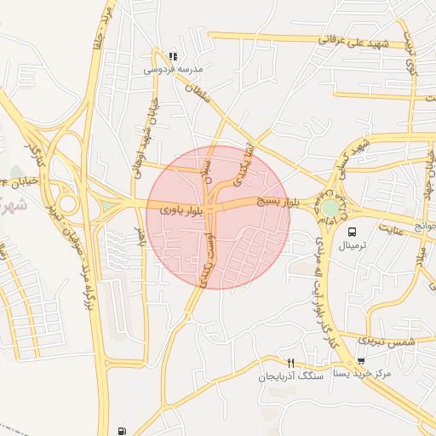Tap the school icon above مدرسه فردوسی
pos(174,56)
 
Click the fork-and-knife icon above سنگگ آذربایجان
pos(290,363)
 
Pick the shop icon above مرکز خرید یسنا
pos(361,361)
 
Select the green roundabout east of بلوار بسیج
pos(329,207)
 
